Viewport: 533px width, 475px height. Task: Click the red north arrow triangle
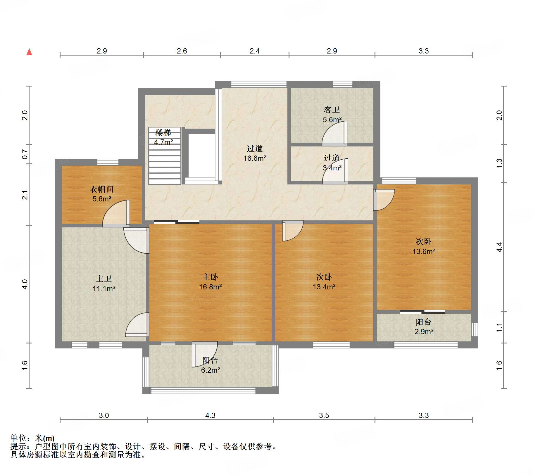point(29,52)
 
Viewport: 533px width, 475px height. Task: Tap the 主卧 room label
point(210,277)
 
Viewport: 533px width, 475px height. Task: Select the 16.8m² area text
point(210,287)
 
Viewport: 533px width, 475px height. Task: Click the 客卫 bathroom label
point(332,110)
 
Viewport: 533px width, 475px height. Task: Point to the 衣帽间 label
point(101,189)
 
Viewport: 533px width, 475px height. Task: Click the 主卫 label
point(104,279)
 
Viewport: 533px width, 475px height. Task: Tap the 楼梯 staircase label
point(163,133)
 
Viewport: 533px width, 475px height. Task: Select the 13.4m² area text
point(324,287)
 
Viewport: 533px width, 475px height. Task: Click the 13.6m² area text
point(424,252)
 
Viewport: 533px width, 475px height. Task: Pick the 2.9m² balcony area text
point(424,332)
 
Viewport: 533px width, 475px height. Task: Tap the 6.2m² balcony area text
point(210,370)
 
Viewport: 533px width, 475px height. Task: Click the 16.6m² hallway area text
point(255,158)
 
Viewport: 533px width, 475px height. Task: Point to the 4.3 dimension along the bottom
point(210,415)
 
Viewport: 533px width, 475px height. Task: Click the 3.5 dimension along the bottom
point(324,415)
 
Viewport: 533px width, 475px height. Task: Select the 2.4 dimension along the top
point(255,51)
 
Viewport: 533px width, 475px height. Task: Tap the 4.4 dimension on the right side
point(499,247)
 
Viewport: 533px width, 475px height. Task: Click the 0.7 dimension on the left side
point(25,154)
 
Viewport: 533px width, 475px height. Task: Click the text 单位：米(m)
point(32,438)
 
